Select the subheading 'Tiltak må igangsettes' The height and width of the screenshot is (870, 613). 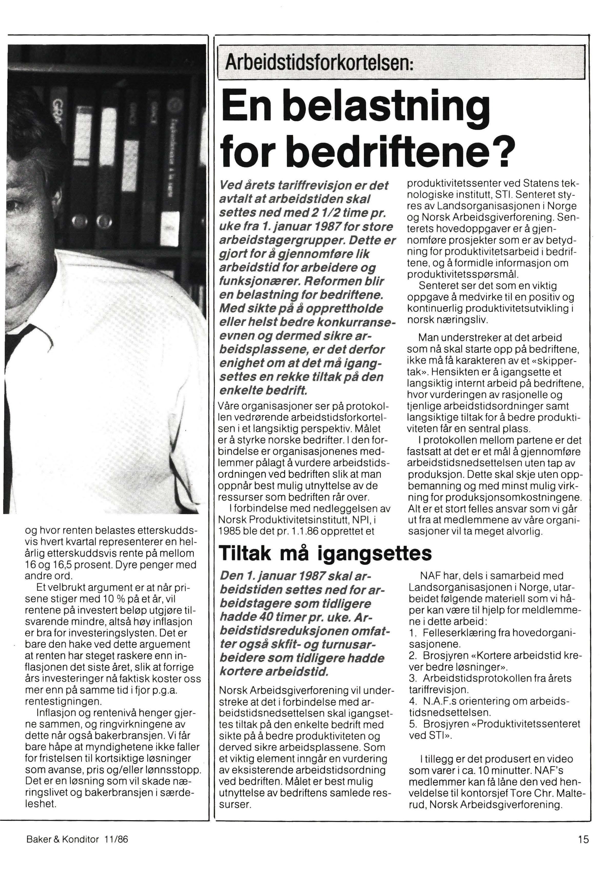click(x=325, y=554)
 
